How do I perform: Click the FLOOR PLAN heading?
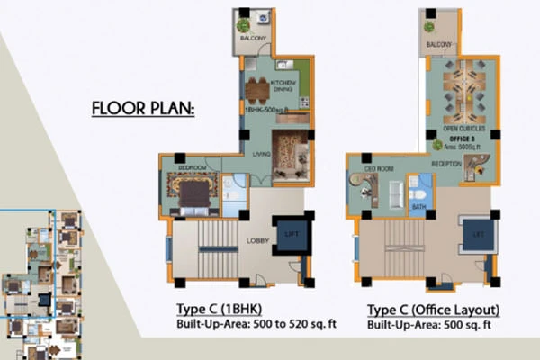145,112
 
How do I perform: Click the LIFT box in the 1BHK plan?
290,235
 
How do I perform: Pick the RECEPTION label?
447,166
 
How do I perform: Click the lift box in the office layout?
477,235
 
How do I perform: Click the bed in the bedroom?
192,192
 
